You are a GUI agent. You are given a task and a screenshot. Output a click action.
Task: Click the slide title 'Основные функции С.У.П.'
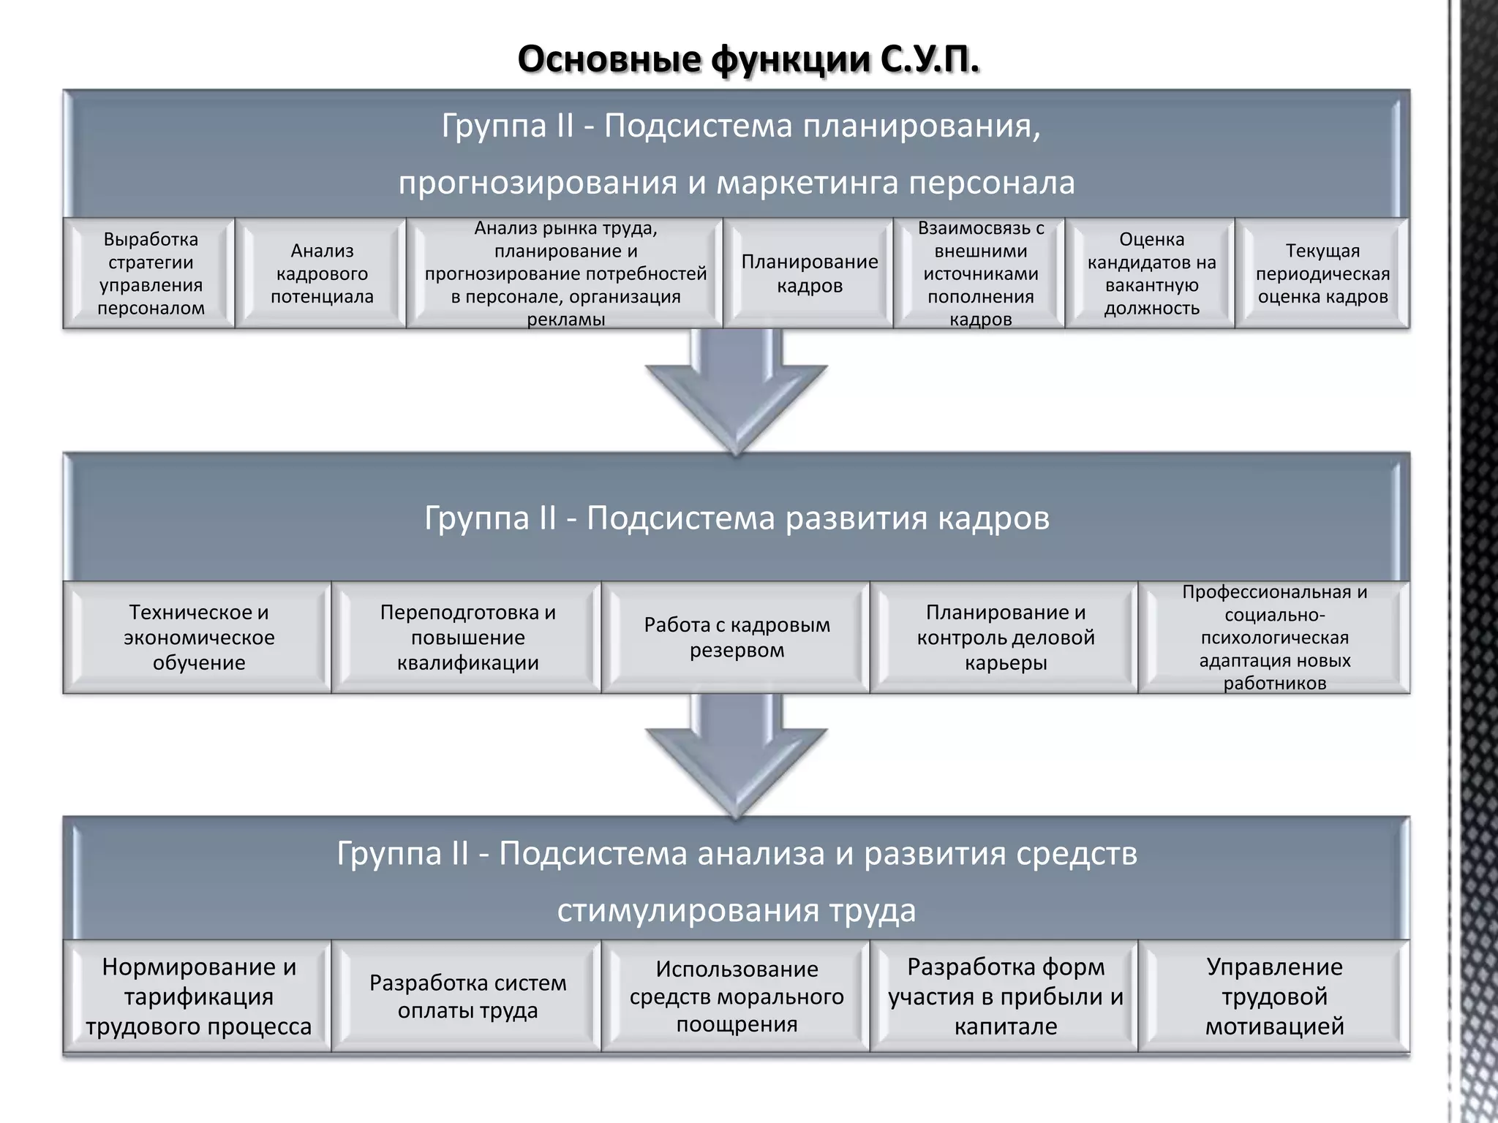point(748,60)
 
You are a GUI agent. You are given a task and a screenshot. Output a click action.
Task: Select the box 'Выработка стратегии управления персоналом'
point(150,273)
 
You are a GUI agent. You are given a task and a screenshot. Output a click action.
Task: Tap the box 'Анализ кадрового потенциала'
point(322,273)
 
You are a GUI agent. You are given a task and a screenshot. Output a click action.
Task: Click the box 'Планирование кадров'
point(809,273)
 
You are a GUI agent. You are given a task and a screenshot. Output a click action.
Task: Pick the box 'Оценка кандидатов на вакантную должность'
point(1151,273)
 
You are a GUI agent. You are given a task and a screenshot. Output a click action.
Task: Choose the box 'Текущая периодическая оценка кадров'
point(1322,273)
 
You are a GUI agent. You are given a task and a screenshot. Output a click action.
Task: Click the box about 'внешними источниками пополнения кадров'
point(980,273)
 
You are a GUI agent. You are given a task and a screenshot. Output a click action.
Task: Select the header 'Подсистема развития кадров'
point(737,518)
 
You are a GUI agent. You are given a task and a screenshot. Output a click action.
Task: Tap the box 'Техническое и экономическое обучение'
point(198,638)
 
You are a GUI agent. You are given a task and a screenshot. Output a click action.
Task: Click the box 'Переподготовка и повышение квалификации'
point(467,638)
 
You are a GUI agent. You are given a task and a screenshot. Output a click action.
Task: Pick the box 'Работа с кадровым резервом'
point(737,638)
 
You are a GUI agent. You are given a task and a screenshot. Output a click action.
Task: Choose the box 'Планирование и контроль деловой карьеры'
point(1006,638)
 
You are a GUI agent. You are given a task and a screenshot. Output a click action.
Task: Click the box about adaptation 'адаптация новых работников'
point(1274,638)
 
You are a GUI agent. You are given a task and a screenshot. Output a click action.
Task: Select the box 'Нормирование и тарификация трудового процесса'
point(198,997)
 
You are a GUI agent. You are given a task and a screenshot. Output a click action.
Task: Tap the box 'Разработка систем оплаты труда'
point(467,997)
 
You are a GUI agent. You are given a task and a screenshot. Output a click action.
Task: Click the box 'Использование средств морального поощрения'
point(737,997)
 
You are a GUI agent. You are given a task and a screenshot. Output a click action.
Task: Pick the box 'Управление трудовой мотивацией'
point(1274,997)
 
